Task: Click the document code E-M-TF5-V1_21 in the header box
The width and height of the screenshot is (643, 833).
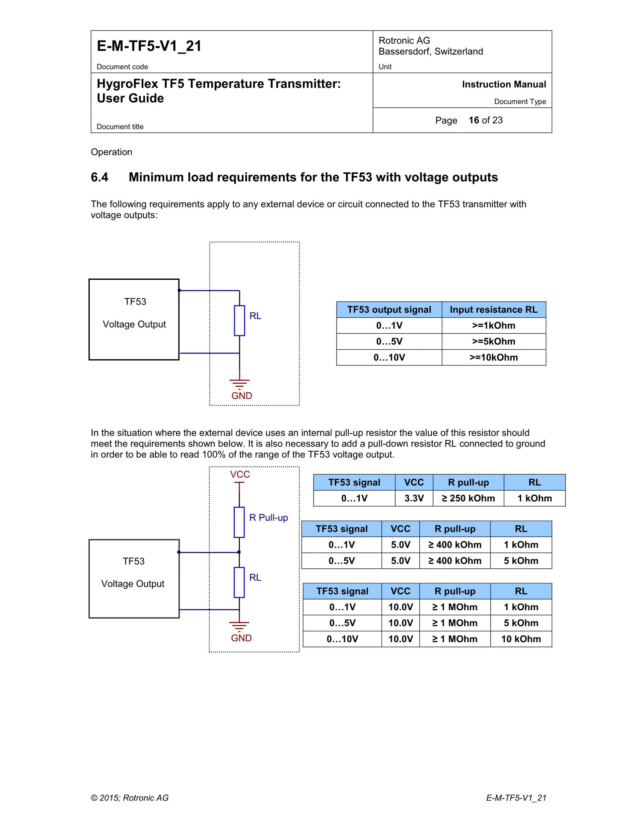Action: [x=149, y=46]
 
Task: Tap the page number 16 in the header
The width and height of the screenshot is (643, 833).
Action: [x=474, y=120]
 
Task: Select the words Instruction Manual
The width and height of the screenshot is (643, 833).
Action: [x=504, y=84]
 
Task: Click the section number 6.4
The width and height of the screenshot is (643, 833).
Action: [x=99, y=177]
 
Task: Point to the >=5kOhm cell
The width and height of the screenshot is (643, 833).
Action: [x=493, y=341]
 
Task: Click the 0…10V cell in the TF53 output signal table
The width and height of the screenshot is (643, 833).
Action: [x=389, y=357]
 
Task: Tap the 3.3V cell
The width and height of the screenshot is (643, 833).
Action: [x=414, y=498]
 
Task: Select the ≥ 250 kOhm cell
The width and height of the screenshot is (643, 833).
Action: [x=468, y=498]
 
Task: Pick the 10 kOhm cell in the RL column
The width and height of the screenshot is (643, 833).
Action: [x=521, y=639]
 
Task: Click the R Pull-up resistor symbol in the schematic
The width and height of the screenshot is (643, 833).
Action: [x=239, y=522]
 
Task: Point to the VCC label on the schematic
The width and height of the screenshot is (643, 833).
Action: [x=240, y=475]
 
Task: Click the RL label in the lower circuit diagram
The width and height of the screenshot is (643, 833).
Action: [x=255, y=577]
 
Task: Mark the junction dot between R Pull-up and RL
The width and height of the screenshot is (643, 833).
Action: [x=239, y=552]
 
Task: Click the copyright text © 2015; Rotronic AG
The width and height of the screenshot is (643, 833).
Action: [x=130, y=798]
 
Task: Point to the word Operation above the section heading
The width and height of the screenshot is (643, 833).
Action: [x=111, y=152]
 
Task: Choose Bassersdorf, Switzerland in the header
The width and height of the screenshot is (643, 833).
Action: [x=430, y=52]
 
